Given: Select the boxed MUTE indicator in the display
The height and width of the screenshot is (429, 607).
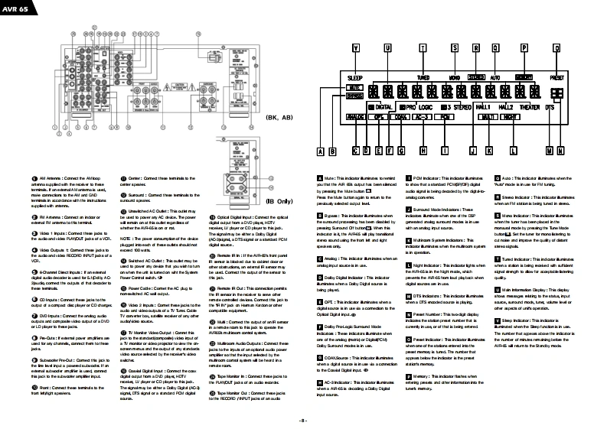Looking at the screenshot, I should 355,88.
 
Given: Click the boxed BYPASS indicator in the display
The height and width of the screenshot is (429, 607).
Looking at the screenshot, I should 355,96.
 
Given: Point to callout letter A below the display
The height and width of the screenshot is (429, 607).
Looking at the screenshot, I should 321,151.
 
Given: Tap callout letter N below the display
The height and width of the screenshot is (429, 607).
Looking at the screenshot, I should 561,151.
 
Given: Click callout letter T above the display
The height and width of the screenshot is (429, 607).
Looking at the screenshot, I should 423,47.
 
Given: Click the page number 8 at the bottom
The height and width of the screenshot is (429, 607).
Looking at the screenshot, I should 303,420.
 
